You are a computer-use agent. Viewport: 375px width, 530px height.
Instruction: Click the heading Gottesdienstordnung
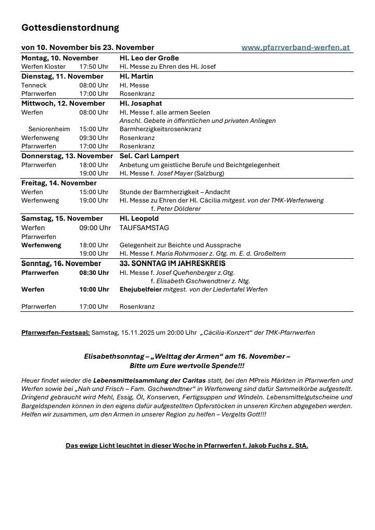click(70, 28)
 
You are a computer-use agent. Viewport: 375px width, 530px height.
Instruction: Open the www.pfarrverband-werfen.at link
click(295, 47)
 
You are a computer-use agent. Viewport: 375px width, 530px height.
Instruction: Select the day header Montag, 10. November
click(60, 58)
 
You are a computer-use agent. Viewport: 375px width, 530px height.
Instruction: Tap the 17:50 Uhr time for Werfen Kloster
click(94, 67)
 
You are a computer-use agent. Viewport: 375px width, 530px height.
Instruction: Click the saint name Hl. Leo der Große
click(149, 58)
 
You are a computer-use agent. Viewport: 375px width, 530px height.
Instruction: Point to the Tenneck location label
click(34, 85)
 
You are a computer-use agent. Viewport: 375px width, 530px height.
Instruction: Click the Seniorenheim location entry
click(49, 129)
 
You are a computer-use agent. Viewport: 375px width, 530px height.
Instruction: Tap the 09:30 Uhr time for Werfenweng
click(94, 138)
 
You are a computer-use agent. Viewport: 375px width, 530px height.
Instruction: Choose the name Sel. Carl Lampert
click(149, 156)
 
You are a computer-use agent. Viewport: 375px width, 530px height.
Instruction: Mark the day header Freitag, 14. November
click(59, 183)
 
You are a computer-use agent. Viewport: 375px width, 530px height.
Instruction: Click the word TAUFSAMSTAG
click(144, 228)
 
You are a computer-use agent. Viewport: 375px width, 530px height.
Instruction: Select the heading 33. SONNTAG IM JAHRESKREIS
click(172, 263)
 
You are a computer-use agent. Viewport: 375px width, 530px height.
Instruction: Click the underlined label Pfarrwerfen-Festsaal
click(55, 332)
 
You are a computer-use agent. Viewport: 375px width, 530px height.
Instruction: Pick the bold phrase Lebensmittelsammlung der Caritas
click(149, 380)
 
